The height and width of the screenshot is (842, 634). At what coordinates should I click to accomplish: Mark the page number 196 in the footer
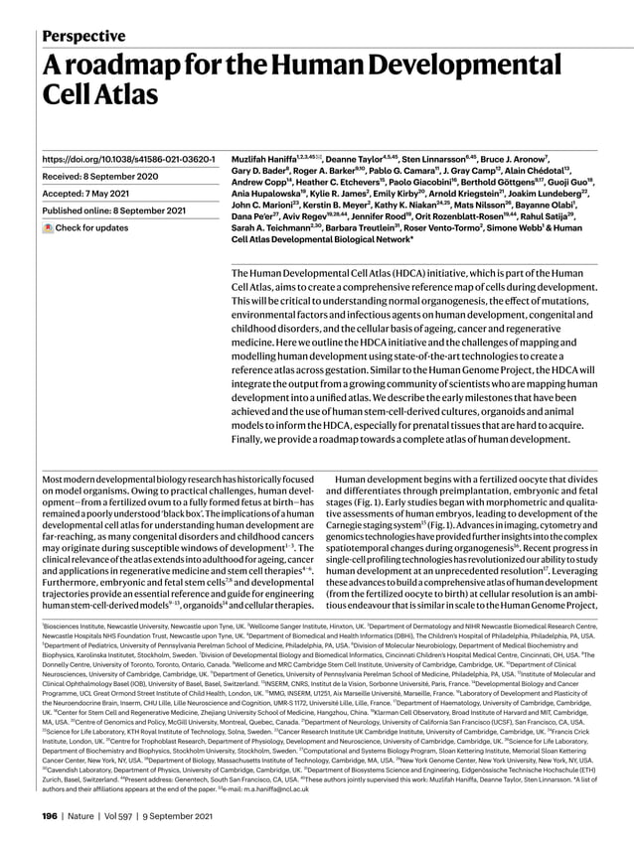49,817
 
